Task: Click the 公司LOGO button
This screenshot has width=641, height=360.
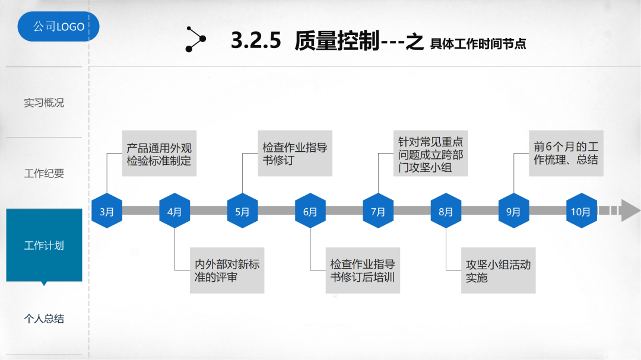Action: coord(58,27)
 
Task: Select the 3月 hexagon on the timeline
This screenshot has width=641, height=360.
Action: coord(107,211)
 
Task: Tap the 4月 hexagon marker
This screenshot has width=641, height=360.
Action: coord(174,211)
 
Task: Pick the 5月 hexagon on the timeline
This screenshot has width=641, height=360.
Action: coord(242,211)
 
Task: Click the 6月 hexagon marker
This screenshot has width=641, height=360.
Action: coord(310,211)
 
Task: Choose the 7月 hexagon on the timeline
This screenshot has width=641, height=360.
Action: coord(378,211)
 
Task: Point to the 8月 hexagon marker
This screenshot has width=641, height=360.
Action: coord(446,211)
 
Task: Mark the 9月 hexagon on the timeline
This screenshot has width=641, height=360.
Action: coord(513,211)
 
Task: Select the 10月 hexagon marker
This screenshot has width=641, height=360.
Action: coord(581,211)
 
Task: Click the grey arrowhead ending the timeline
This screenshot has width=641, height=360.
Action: coord(630,211)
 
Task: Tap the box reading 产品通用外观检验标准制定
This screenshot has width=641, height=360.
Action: coord(159,154)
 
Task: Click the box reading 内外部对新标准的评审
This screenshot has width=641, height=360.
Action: coord(227,270)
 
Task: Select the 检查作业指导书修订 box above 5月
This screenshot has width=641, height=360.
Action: coord(295,154)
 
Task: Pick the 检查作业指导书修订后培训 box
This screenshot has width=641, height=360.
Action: coord(363,270)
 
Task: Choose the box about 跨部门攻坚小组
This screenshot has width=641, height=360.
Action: coord(430,154)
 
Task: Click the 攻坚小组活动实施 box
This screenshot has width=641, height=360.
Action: coord(498,270)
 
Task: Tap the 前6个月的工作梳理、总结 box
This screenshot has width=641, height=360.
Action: coord(566,154)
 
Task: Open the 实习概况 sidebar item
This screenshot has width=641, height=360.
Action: coord(44,103)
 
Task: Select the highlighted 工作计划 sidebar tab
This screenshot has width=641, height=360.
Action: coord(44,245)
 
